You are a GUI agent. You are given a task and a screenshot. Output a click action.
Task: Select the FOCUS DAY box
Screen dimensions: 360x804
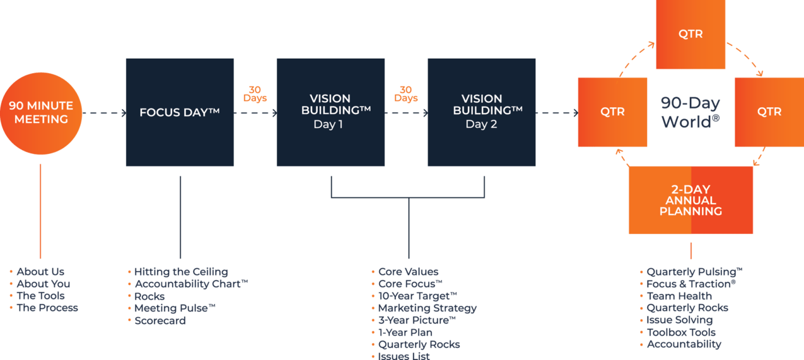pos(180,113)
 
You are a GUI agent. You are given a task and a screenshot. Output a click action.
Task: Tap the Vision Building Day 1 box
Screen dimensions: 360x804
pos(330,112)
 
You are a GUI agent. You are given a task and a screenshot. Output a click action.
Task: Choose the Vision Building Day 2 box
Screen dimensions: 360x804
pos(481,112)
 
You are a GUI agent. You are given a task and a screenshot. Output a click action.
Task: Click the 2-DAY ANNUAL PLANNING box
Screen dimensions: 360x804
pos(690,200)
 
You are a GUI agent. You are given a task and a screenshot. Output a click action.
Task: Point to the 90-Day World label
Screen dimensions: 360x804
pos(690,112)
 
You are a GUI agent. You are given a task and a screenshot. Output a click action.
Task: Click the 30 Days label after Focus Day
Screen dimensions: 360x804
pos(255,94)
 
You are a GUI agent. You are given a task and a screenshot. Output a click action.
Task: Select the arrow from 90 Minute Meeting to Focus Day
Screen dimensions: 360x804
pos(104,113)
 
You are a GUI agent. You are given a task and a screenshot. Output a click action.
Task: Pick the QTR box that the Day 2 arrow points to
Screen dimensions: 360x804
pos(612,112)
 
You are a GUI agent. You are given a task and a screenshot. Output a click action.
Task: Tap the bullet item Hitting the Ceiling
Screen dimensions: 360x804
pos(180,272)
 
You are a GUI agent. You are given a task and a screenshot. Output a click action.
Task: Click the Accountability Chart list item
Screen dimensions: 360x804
pos(190,284)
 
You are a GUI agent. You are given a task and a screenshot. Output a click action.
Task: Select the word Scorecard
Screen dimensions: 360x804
pos(160,320)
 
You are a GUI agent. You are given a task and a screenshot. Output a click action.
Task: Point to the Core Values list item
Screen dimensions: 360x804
pos(408,272)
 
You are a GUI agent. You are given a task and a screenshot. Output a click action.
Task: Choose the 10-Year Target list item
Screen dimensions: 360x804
pos(417,296)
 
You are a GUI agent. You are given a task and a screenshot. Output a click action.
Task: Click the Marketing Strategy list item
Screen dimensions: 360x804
pos(427,308)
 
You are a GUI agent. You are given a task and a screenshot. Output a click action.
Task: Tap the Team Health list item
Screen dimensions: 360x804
pos(679,296)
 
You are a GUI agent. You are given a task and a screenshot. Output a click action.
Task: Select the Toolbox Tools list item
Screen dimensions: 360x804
pos(680,332)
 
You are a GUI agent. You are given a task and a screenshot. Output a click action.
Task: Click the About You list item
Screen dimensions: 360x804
pos(43,284)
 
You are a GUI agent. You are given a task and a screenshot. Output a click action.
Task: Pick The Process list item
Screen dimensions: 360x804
pos(47,308)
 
